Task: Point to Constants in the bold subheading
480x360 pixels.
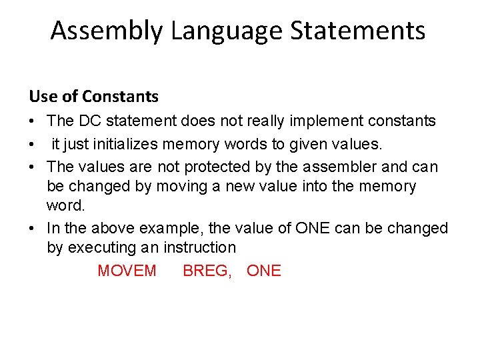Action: click(120, 97)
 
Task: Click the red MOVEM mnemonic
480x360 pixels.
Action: click(127, 271)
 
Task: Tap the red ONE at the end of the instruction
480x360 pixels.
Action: click(264, 271)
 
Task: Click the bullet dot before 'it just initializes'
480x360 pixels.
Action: click(33, 143)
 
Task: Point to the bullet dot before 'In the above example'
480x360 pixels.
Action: click(33, 229)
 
